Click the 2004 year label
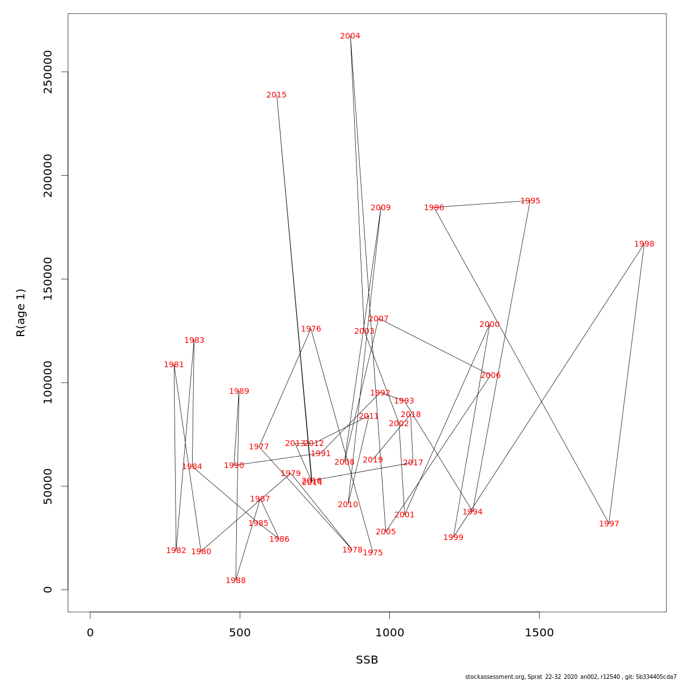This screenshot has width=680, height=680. tap(350, 36)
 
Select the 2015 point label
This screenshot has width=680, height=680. tap(277, 95)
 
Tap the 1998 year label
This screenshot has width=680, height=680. tap(644, 244)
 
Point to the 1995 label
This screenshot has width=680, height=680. tap(530, 201)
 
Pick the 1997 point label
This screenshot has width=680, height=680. tap(609, 524)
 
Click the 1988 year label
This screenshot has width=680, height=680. tap(236, 581)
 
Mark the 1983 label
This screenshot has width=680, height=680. tap(194, 341)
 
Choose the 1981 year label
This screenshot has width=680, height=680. tap(174, 365)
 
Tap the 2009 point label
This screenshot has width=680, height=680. tap(381, 208)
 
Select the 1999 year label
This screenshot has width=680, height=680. tap(453, 538)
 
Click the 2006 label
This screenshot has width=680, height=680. tap(491, 376)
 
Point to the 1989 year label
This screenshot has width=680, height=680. tap(239, 392)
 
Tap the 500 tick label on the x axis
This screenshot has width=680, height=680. tap(240, 633)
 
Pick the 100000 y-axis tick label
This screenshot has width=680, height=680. tap(48, 382)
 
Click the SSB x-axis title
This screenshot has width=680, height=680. tap(367, 660)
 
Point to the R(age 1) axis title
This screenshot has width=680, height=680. tap(21, 313)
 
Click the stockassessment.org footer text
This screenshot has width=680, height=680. tap(571, 677)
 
